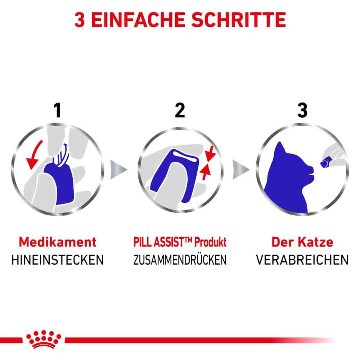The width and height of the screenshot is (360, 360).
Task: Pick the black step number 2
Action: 180,110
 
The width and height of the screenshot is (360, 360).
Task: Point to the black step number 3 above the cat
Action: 302,110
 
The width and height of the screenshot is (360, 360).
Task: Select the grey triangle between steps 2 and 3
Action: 240,169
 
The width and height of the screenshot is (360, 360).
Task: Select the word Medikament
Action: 58,242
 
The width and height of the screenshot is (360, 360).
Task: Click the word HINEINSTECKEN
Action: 58,260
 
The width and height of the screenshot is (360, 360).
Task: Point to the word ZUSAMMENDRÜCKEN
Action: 180,260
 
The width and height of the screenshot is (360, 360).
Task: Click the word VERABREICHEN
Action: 302,260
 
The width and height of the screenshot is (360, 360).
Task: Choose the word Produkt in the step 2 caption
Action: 211,242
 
